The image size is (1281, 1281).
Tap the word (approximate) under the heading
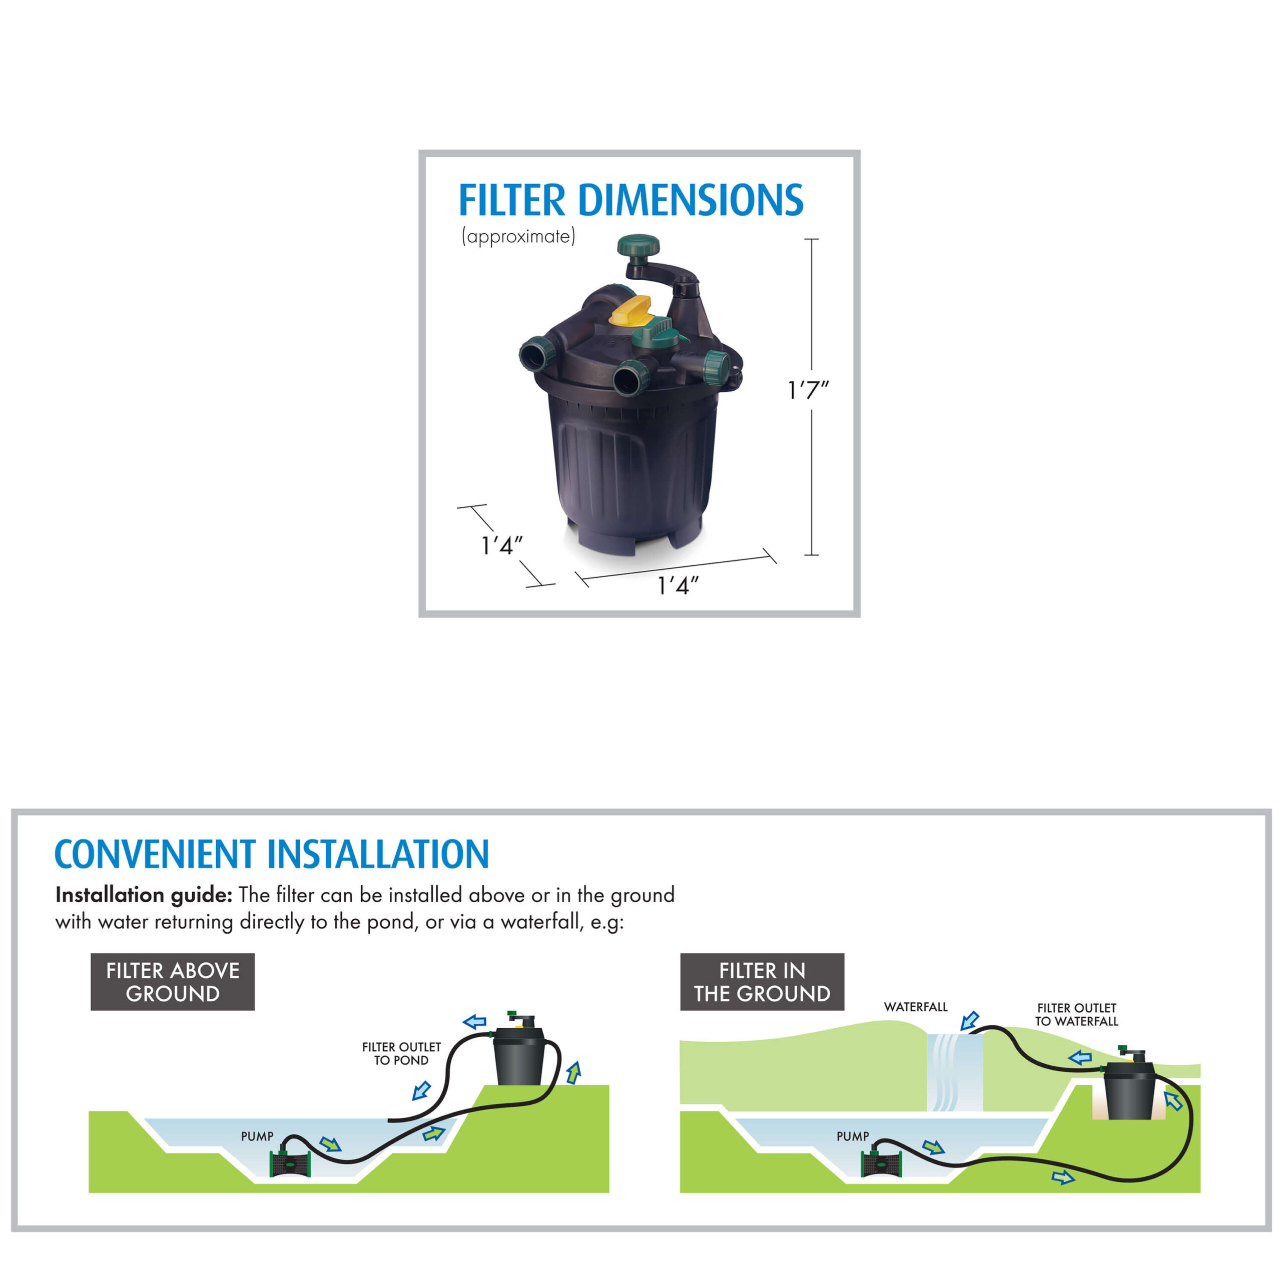518,237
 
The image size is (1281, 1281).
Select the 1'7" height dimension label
808,390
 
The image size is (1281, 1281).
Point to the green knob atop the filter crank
638,245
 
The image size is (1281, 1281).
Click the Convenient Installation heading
272,855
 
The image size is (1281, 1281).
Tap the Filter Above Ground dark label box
173,982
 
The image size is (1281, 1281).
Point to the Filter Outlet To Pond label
401,1054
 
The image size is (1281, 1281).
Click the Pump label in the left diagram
257,1136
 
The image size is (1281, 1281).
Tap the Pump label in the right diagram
853,1136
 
